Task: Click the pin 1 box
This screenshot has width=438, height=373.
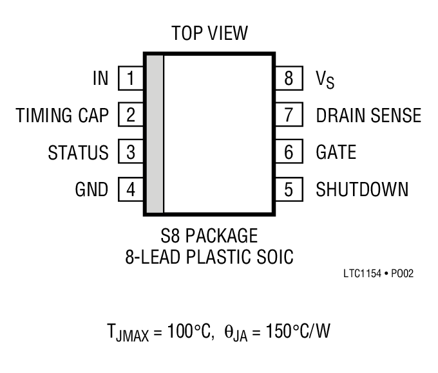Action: [x=131, y=79]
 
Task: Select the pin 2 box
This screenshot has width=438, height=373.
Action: [x=131, y=116]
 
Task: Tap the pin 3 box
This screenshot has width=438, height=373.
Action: [x=131, y=152]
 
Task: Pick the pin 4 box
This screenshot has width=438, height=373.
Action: [x=131, y=190]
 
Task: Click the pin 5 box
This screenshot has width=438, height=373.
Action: [x=289, y=190]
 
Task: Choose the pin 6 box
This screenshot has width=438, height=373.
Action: [x=289, y=152]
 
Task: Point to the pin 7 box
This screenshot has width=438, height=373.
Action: [x=289, y=116]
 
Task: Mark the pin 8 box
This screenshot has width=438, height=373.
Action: [x=289, y=79]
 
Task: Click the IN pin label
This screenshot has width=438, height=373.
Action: [x=100, y=79]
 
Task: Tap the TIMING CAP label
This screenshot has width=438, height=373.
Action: [x=62, y=116]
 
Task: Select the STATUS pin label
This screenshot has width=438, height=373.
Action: [x=78, y=153]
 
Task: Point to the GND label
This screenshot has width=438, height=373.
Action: [x=91, y=190]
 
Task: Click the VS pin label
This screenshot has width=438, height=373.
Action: [x=325, y=80]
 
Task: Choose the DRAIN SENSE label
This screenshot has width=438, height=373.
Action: [x=368, y=116]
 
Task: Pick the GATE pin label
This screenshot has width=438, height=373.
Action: [x=336, y=152]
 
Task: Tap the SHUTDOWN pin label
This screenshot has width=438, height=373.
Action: [x=361, y=190]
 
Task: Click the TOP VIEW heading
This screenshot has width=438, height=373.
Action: [x=209, y=33]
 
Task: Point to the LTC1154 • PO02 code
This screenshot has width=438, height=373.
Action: [x=377, y=273]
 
